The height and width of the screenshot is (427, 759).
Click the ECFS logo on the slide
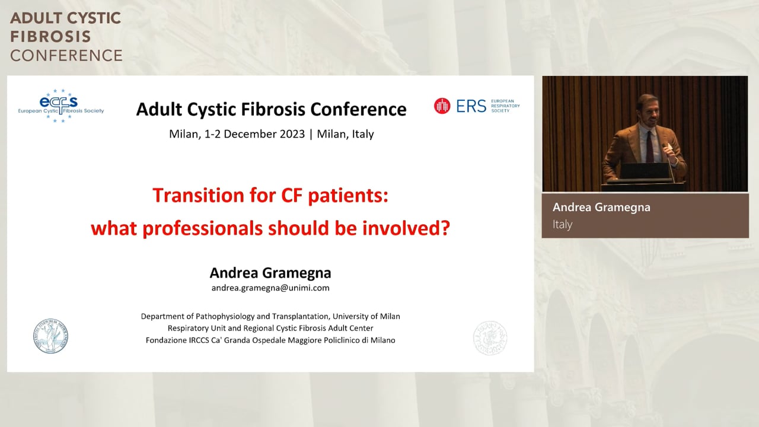61,106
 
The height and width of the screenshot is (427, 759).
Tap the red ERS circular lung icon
442,106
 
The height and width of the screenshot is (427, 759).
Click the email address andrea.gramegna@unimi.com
270,288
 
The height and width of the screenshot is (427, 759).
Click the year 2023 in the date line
292,134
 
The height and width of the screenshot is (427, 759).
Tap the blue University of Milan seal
50,336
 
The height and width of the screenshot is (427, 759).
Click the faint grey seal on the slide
490,338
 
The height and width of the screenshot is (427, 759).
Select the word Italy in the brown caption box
563,224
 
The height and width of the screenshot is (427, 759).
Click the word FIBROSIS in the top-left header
50,37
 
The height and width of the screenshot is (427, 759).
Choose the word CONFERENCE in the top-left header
66,56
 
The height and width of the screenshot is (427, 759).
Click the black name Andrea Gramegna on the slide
270,273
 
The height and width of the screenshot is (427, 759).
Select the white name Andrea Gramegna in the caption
601,208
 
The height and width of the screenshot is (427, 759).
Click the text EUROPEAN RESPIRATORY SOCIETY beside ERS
505,106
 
